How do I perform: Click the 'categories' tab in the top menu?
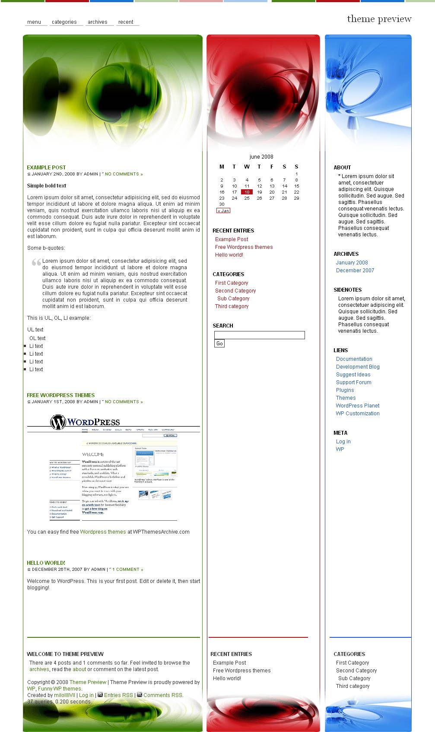tap(64, 22)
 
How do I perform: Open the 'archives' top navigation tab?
tap(98, 22)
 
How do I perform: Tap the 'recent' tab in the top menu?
tap(126, 22)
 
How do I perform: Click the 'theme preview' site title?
tap(379, 19)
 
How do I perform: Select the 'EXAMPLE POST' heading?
tap(46, 167)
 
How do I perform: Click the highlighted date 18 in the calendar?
tap(247, 192)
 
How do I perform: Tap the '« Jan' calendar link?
tap(223, 211)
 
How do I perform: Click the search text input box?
tap(259, 335)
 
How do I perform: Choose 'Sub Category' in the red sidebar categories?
tap(233, 299)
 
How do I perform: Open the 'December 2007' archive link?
tap(355, 271)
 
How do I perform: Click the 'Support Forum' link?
tap(354, 382)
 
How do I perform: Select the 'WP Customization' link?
tap(358, 414)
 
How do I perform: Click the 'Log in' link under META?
tap(343, 442)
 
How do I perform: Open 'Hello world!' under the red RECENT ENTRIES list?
tap(229, 255)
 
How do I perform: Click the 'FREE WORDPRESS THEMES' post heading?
tap(60, 395)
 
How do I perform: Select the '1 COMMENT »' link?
tap(127, 570)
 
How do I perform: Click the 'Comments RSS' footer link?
tap(163, 695)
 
